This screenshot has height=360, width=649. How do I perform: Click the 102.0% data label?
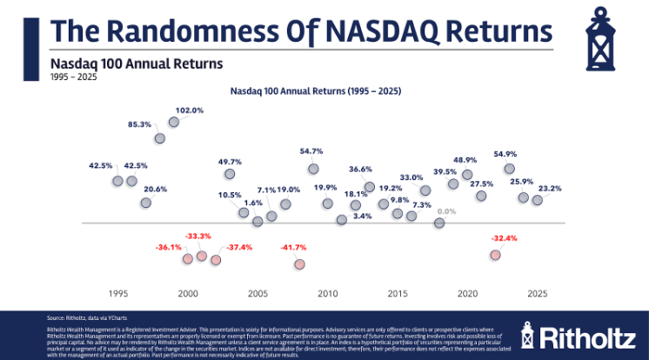190,110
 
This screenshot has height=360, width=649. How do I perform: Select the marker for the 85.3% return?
160,138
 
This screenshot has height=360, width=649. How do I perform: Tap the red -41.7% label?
292,248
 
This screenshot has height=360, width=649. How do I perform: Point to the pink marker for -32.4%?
495,255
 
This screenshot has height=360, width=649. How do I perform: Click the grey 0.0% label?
446,211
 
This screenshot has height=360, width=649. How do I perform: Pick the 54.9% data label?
505,154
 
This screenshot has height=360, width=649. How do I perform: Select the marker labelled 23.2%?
537,200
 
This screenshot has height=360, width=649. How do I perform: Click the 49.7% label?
230,162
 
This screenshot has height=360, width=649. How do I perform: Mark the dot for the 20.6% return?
146,203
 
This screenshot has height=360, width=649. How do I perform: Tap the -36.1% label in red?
169,247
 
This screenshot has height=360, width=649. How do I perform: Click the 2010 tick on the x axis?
327,294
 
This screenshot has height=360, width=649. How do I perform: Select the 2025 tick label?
537,294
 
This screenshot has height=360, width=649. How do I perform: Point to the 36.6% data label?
360,169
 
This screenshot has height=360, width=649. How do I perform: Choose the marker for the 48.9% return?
467,175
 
